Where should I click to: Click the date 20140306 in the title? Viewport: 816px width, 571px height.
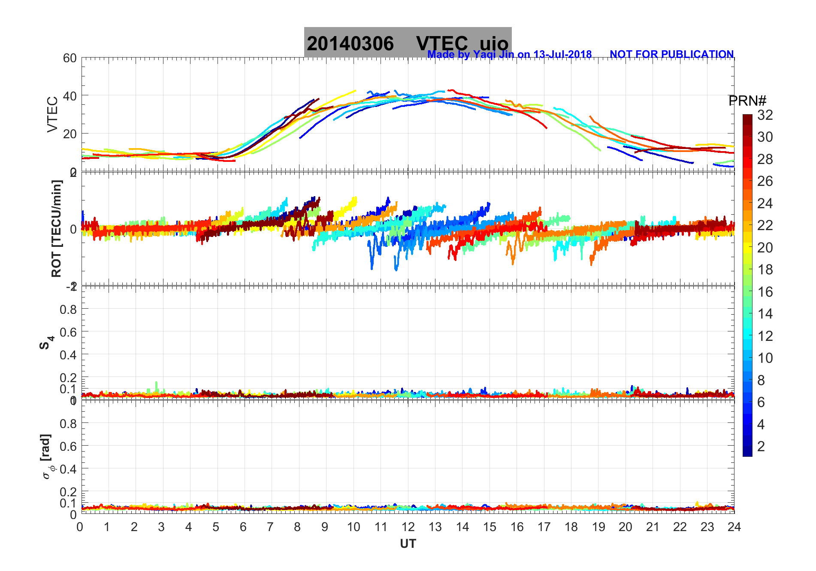pyautogui.click(x=350, y=44)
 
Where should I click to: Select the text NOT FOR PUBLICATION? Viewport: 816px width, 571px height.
pyautogui.click(x=671, y=55)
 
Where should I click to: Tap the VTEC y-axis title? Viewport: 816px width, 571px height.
pyautogui.click(x=52, y=115)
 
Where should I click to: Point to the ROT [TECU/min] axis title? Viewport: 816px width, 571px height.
pyautogui.click(x=56, y=229)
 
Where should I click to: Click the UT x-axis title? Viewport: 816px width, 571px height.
pyautogui.click(x=408, y=544)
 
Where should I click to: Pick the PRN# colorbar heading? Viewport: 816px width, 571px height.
pyautogui.click(x=747, y=101)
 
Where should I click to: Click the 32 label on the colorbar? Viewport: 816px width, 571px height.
pyautogui.click(x=765, y=115)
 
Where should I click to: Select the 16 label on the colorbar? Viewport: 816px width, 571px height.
pyautogui.click(x=765, y=292)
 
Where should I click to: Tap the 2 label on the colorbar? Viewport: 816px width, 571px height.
pyautogui.click(x=761, y=446)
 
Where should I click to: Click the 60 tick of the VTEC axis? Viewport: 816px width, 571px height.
pyautogui.click(x=70, y=58)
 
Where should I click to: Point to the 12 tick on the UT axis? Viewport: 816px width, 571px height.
pyautogui.click(x=408, y=527)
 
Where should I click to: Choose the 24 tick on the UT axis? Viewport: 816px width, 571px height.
pyautogui.click(x=734, y=527)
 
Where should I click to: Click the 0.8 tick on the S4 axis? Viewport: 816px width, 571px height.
pyautogui.click(x=68, y=309)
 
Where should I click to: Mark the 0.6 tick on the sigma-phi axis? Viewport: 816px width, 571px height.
pyautogui.click(x=68, y=446)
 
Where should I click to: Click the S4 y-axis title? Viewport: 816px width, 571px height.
pyautogui.click(x=46, y=343)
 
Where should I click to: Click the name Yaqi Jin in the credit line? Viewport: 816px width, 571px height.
pyautogui.click(x=493, y=55)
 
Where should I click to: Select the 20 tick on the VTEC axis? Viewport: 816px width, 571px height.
pyautogui.click(x=70, y=134)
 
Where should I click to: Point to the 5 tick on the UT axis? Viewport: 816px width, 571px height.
pyautogui.click(x=216, y=527)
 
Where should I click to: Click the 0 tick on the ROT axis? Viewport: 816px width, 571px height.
pyautogui.click(x=73, y=229)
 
